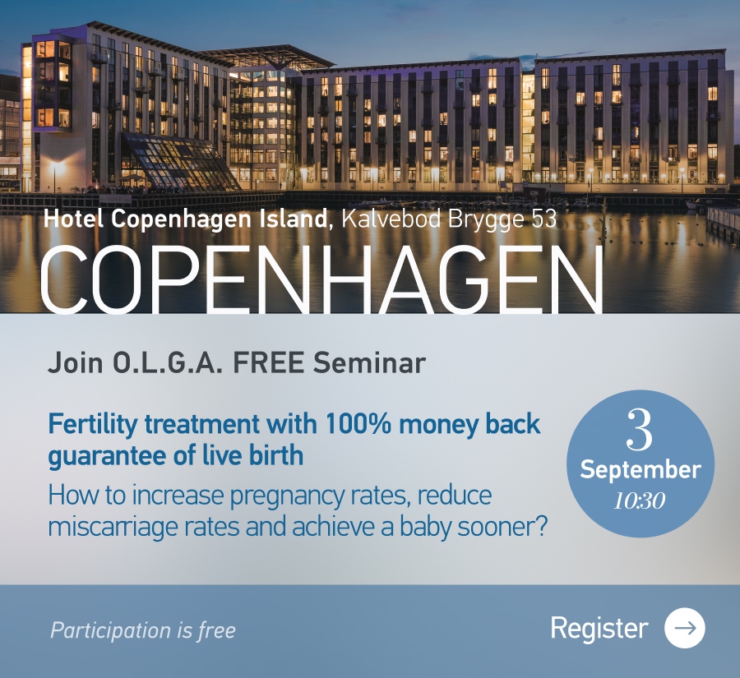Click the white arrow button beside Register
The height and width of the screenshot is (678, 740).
[684, 628]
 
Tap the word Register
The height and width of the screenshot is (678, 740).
[599, 629]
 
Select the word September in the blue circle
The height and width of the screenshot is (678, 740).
[641, 470]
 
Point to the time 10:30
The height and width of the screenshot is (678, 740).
[640, 500]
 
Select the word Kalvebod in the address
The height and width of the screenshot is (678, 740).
[391, 219]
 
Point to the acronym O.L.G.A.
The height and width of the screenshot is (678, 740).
[168, 362]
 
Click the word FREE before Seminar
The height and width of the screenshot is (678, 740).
[268, 362]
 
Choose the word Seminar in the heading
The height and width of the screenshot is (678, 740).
[369, 362]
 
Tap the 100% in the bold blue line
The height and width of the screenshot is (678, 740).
[358, 423]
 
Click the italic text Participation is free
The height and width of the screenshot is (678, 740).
[143, 630]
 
